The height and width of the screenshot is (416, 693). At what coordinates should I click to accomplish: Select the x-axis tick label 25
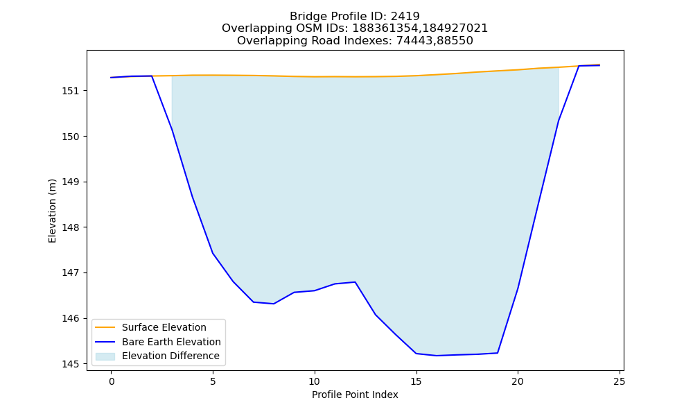[x=620, y=381]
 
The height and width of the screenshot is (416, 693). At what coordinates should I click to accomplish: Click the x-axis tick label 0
[x=112, y=381]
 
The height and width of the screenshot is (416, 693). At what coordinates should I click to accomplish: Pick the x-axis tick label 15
[x=416, y=381]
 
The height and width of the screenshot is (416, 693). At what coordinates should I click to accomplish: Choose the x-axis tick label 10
[x=315, y=381]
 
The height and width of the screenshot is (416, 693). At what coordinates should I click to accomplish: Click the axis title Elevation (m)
[x=52, y=211]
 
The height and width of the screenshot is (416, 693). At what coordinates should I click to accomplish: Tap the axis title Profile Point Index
[x=355, y=395]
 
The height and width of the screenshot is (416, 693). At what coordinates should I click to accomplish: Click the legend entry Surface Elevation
[x=164, y=327]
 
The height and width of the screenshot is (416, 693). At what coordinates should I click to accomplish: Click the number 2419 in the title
[x=405, y=17]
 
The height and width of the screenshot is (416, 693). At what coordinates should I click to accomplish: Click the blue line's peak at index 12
[x=355, y=281]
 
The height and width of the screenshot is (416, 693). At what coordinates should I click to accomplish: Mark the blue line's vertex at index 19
[x=498, y=353]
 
